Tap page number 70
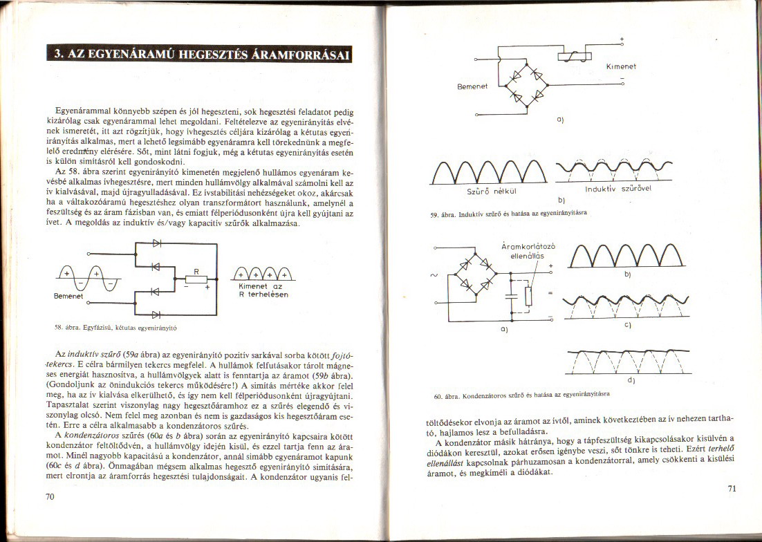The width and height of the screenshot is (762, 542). point(50,496)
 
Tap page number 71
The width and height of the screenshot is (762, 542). point(734,489)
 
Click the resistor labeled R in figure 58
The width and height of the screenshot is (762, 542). point(196,279)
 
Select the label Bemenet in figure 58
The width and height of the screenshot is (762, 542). point(68,295)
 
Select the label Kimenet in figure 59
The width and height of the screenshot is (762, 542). point(620,66)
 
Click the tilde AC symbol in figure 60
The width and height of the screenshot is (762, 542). point(434,275)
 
